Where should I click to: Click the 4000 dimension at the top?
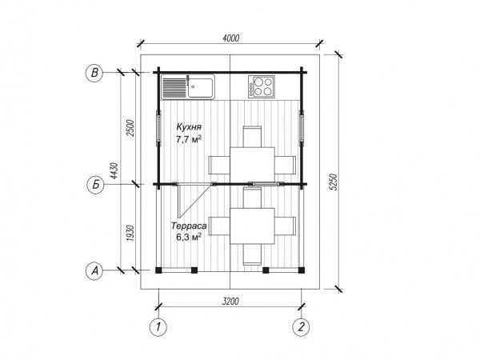pos(231,38)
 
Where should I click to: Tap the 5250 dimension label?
pos(334,182)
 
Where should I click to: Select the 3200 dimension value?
pos(230,302)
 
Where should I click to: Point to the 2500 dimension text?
pos(130,128)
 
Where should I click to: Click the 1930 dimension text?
pos(130,234)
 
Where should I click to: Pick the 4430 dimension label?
pos(114,171)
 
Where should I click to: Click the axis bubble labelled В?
pos(94,73)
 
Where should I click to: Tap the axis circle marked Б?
pos(96,185)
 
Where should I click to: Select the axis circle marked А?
pos(95,270)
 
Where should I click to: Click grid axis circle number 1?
pos(158,327)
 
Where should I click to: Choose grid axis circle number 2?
pos(302,327)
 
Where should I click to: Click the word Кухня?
pos(189,126)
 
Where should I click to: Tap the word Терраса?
pos(189,226)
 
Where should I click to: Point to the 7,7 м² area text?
pos(189,139)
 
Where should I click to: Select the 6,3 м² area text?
pos(189,237)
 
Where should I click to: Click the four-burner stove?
pos(261,86)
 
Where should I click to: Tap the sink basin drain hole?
pos(193,87)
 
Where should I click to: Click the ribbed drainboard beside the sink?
pos(174,87)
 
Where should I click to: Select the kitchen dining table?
pos(252,164)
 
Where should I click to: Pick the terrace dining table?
pos(252,226)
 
